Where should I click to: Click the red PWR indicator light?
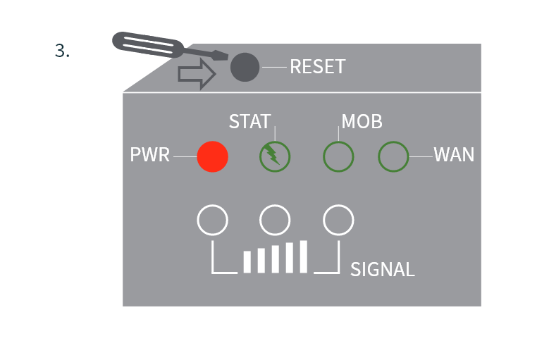click(212, 156)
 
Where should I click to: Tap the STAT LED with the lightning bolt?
click(275, 156)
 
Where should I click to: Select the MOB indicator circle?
click(338, 156)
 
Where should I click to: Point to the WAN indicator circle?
click(394, 156)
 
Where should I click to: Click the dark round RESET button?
click(245, 67)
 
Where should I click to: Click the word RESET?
click(317, 67)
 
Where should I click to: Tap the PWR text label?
click(150, 155)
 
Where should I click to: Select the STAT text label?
click(249, 121)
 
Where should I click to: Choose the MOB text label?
click(362, 121)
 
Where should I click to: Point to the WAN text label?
click(454, 155)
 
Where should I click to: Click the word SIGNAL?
click(382, 269)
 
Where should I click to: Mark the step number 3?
click(62, 51)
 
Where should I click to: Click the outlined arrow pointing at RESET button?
click(196, 74)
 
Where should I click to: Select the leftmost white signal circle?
click(212, 220)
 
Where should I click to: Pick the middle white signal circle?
click(275, 220)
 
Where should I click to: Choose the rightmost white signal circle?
click(338, 220)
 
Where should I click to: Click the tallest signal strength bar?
click(304, 256)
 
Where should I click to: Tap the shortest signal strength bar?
click(247, 261)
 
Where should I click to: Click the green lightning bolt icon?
click(273, 155)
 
